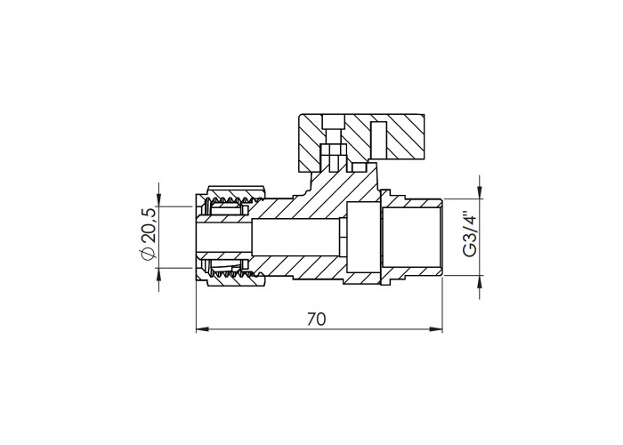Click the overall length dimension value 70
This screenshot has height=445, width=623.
[x=316, y=319]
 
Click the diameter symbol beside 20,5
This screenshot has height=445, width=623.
[x=147, y=254]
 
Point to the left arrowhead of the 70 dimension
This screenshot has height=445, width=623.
[x=202, y=329]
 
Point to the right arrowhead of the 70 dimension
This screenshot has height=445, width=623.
[x=436, y=329]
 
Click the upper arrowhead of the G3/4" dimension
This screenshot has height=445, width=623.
[x=480, y=193]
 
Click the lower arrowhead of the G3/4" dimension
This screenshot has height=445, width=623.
[x=480, y=281]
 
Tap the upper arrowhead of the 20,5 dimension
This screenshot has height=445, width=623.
[x=159, y=200]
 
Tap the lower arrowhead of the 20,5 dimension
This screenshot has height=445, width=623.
[x=159, y=273]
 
